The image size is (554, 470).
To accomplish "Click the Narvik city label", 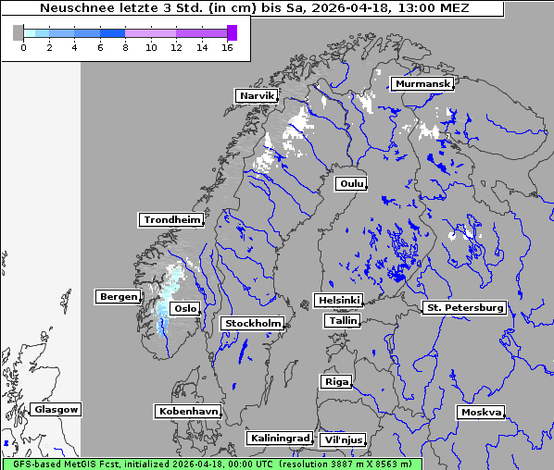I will [x=257, y=95].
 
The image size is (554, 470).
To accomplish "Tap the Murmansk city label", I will [x=422, y=84].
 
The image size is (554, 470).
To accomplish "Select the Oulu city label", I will [x=351, y=183].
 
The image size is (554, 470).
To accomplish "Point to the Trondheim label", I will [x=171, y=220].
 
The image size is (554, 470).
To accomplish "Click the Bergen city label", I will [x=117, y=297].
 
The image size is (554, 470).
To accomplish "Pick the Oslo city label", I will [x=185, y=308].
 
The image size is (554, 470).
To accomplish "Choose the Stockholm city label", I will [x=252, y=323].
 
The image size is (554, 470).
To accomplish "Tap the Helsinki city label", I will [x=337, y=301].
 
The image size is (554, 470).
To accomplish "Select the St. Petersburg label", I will [x=463, y=307].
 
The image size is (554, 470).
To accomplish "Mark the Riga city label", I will [x=335, y=381].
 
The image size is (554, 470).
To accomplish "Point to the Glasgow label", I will [x=57, y=409].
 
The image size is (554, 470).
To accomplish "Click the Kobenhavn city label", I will [x=188, y=411].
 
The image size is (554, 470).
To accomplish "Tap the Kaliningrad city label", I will [x=279, y=438].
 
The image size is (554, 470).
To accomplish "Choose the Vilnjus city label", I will [x=343, y=439].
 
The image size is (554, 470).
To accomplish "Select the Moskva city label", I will [x=481, y=412].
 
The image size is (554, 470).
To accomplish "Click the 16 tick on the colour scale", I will [x=227, y=47].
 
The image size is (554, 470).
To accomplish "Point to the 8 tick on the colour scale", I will [x=125, y=47].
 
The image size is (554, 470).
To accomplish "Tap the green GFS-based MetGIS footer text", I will [x=211, y=464].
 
